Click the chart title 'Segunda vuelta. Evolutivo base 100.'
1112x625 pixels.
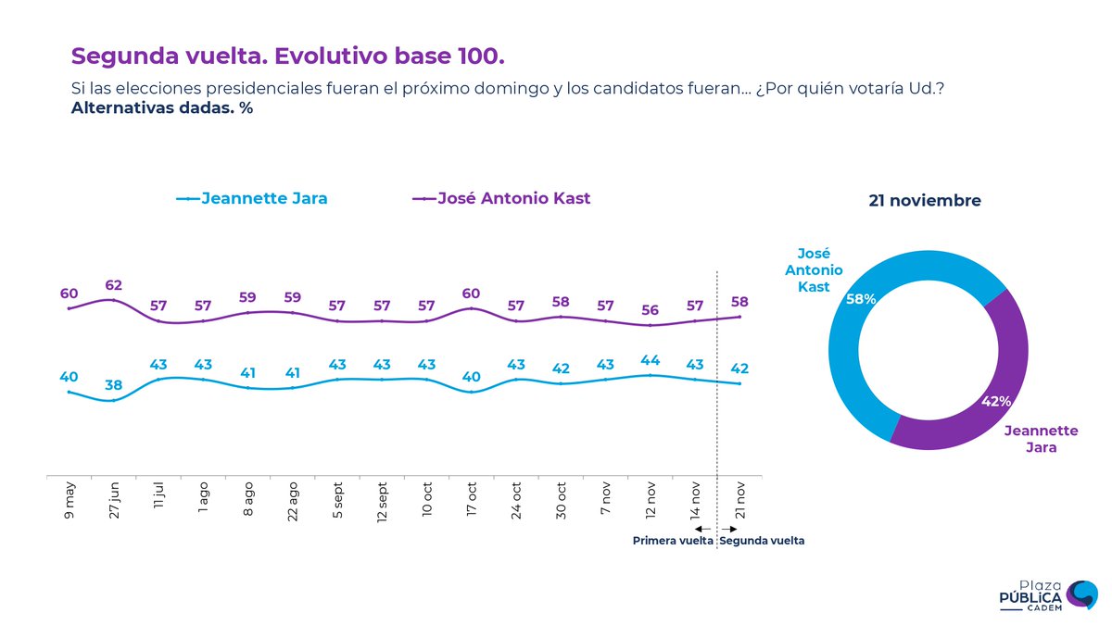[x=288, y=56]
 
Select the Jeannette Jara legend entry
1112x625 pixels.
[x=252, y=198]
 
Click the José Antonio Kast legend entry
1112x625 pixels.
[x=501, y=198]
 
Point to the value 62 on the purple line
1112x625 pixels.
[x=114, y=285]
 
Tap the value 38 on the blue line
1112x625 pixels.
[x=114, y=385]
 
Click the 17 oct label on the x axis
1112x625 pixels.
[x=472, y=499]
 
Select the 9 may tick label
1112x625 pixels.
[x=69, y=500]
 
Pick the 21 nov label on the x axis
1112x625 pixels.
[x=740, y=499]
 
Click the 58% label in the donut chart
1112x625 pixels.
[x=861, y=299]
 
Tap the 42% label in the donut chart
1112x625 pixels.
[x=996, y=401]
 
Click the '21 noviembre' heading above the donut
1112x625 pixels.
[x=925, y=200]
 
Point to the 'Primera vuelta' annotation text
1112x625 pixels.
[x=673, y=541]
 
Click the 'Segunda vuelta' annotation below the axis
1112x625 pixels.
[x=762, y=541]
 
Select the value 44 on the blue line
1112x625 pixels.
[x=651, y=360]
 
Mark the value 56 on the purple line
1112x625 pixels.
[x=651, y=310]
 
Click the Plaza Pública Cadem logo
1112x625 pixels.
[x=1048, y=595]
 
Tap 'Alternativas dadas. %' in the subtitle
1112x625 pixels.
[x=162, y=107]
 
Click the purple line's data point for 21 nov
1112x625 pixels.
[x=740, y=317]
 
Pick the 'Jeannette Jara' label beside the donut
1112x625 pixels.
[x=1041, y=439]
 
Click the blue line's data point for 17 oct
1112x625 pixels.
[x=472, y=392]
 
